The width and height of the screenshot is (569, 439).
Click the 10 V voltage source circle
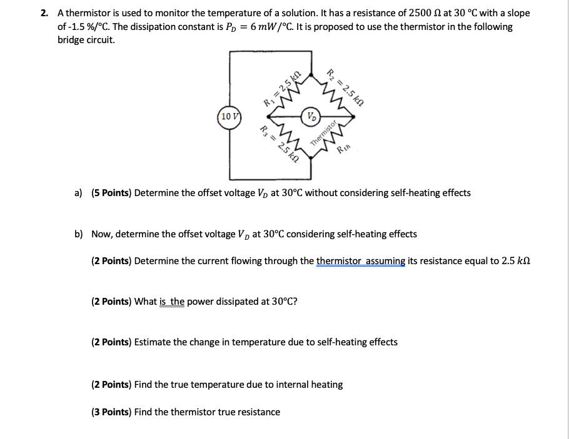point(229,117)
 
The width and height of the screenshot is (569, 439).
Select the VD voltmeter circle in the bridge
point(311,117)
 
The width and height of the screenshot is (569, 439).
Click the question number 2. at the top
point(44,12)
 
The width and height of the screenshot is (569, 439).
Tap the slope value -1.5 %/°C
point(98,27)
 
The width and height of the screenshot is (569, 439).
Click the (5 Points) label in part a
point(111,193)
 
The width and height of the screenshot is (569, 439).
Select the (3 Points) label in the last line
point(111,412)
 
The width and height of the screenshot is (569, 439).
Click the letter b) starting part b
point(79,234)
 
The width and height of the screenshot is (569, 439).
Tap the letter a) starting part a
point(79,193)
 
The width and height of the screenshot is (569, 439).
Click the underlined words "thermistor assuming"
point(361,261)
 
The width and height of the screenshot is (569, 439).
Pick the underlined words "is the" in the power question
point(172,302)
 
